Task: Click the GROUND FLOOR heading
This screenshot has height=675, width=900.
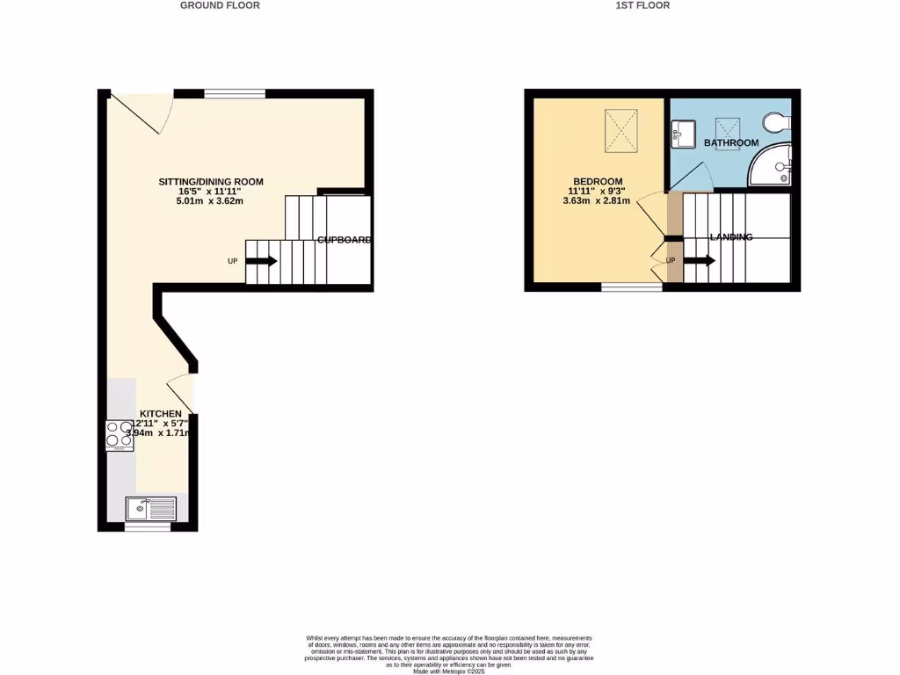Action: (x=220, y=5)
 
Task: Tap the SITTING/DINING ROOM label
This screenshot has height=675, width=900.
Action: (x=210, y=182)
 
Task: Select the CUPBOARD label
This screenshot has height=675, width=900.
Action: (x=345, y=239)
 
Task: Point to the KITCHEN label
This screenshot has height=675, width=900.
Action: (x=161, y=414)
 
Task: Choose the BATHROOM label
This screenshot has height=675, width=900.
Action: (x=731, y=142)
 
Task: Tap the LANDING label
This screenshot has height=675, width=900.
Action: (x=731, y=237)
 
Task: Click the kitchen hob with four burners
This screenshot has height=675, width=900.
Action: (x=120, y=435)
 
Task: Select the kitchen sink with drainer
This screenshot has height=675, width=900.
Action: (x=150, y=508)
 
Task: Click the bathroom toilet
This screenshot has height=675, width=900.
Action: (x=778, y=120)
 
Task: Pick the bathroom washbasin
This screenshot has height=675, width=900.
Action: (x=683, y=134)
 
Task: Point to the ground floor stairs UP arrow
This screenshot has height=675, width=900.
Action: (x=261, y=261)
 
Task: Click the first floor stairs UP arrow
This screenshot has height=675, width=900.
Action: (x=699, y=260)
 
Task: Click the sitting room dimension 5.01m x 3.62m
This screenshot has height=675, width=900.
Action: (x=210, y=200)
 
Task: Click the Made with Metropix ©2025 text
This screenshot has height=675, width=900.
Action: (x=449, y=671)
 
